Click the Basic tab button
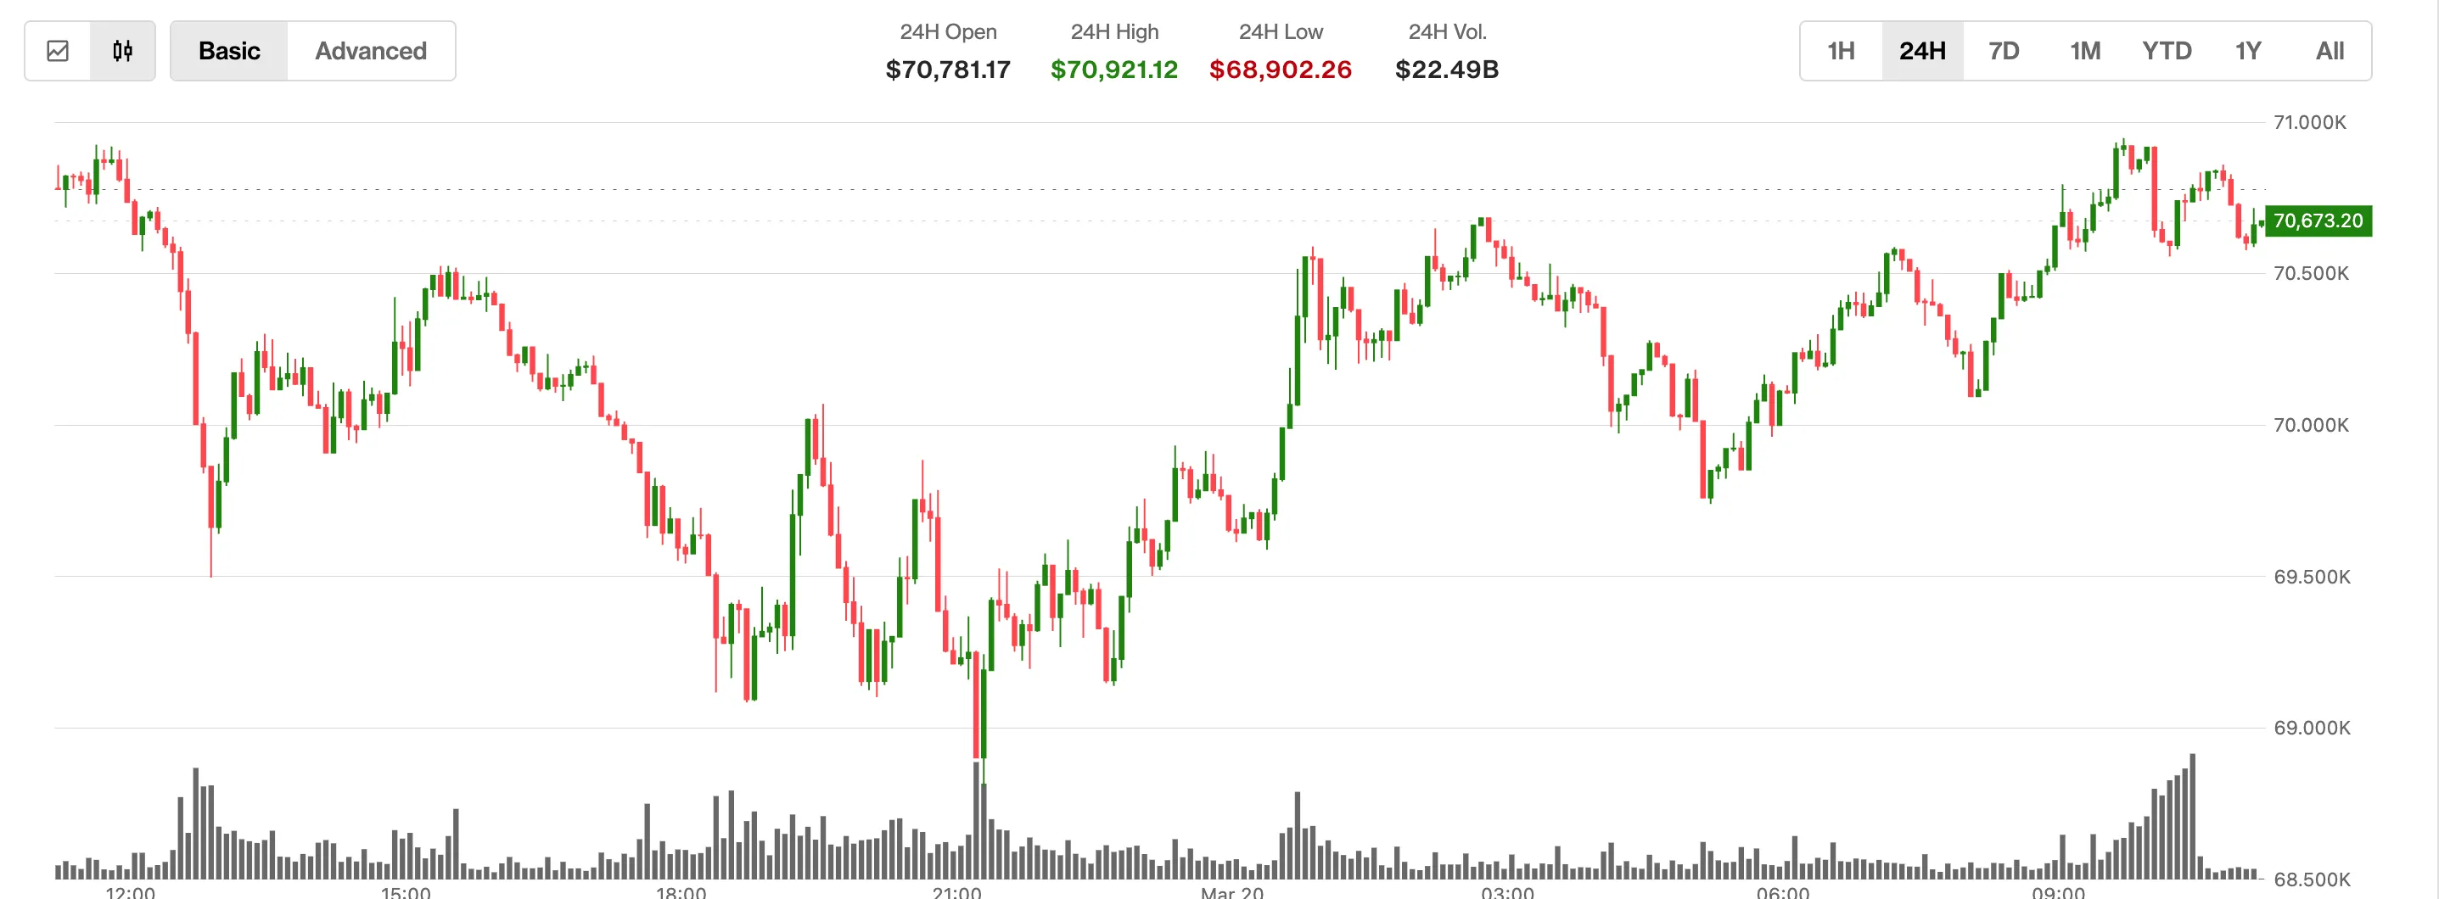[x=229, y=51]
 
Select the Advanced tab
[x=370, y=51]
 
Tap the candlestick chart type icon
[x=122, y=51]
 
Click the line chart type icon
[x=58, y=51]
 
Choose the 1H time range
[x=1841, y=51]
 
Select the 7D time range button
[x=2004, y=51]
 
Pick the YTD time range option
[x=2167, y=51]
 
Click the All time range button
[x=2330, y=51]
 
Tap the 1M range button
[x=2085, y=51]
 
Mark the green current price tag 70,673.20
[x=2318, y=221]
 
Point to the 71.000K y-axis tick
[x=2310, y=122]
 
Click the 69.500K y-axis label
[x=2311, y=577]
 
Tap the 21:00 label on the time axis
[x=956, y=891]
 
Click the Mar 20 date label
[x=1232, y=891]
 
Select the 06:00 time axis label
[x=1783, y=891]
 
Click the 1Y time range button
[x=2248, y=51]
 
